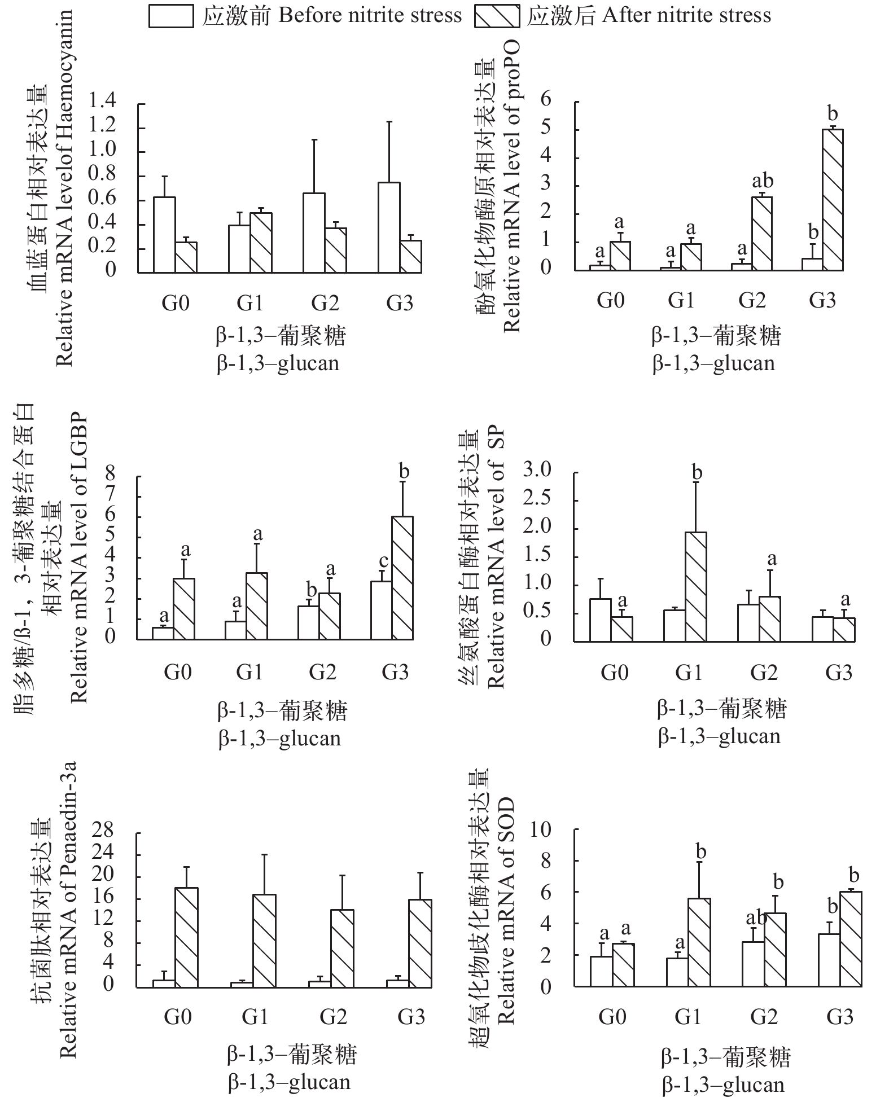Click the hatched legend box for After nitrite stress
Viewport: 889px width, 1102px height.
(x=496, y=16)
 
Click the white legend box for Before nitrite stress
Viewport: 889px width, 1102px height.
(x=170, y=16)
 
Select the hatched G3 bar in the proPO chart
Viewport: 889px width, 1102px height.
(x=833, y=200)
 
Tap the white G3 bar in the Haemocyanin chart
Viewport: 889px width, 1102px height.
(x=389, y=227)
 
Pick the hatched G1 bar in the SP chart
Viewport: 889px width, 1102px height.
(x=695, y=586)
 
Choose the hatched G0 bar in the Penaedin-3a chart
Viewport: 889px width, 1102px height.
(x=186, y=937)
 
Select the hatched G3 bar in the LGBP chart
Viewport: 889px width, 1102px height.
(x=402, y=578)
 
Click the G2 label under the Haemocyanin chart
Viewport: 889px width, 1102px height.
(x=325, y=304)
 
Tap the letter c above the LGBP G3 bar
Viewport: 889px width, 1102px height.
(x=383, y=562)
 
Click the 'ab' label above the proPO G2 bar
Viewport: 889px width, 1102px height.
(x=763, y=182)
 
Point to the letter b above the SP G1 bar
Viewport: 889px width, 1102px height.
(x=697, y=472)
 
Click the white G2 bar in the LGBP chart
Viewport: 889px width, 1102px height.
(x=309, y=622)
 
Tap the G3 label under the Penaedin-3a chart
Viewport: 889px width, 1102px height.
(x=411, y=1017)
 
